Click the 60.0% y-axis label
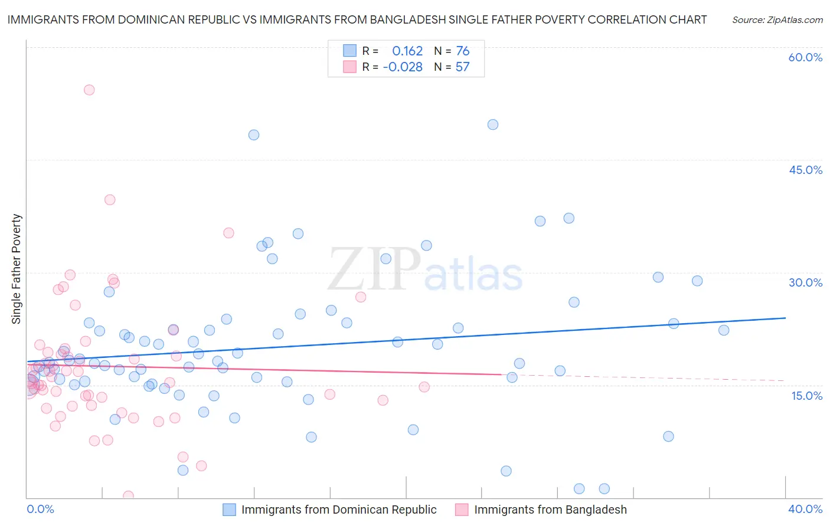(x=805, y=57)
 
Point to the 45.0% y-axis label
(x=805, y=170)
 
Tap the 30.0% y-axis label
(x=805, y=282)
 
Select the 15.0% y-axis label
(x=806, y=396)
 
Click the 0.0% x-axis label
(x=40, y=509)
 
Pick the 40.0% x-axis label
(x=805, y=509)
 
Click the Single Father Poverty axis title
(x=17, y=269)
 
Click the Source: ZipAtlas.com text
(x=777, y=20)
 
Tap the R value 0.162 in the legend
(x=407, y=51)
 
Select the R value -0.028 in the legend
(x=403, y=67)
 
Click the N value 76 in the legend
(x=463, y=51)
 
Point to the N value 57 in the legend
(x=463, y=67)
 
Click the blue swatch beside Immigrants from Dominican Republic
(x=230, y=509)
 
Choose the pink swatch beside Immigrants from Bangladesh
(x=462, y=509)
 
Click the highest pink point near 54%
(x=89, y=90)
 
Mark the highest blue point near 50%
(x=493, y=124)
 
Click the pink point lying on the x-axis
(x=128, y=496)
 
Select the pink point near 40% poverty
(x=110, y=200)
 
